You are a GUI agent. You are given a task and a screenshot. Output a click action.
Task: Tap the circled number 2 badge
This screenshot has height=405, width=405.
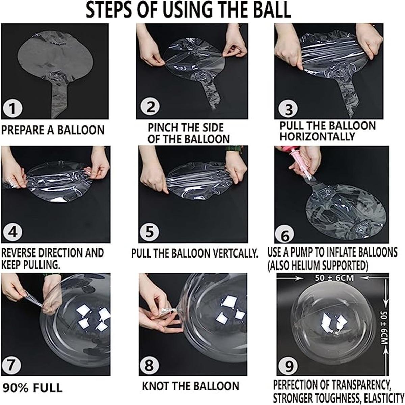tap(150, 107)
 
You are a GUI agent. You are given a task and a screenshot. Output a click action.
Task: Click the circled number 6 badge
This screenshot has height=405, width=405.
tap(285, 235)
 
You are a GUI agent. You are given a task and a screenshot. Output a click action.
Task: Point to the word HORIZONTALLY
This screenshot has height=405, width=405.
tap(317, 137)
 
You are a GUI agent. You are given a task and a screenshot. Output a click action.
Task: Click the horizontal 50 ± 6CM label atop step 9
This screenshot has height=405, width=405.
tap(334, 278)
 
